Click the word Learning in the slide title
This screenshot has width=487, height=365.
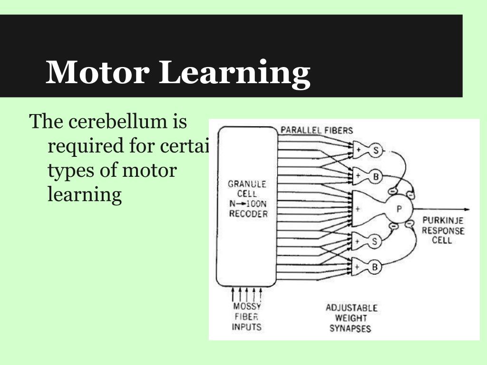pos(234,73)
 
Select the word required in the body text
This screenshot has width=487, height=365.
pos(85,146)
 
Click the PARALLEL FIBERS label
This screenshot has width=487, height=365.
pos(316,130)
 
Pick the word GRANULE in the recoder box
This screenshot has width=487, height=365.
pos(247,184)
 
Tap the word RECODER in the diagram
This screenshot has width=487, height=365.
pos(248,214)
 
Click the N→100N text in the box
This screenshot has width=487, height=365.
pos(248,204)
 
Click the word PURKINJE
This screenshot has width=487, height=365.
pos(442,221)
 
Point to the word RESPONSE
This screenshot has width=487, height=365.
pos(442,231)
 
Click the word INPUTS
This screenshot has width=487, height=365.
pos(246,327)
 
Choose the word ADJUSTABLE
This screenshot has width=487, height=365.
pos(351,308)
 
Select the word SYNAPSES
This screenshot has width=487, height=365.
pos(350,328)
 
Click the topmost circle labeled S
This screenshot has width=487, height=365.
pos(375,151)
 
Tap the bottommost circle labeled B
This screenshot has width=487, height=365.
pos(374,267)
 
